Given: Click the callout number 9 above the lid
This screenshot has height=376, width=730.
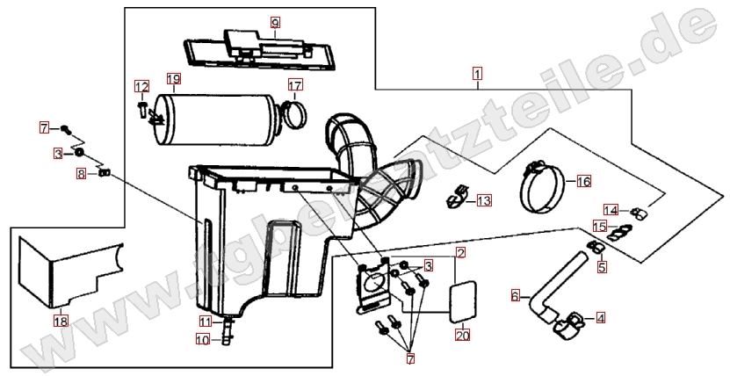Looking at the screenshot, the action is (275, 22).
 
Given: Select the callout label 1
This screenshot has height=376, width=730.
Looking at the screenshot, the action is (477, 74).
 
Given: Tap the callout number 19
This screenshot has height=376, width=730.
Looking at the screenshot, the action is (174, 79).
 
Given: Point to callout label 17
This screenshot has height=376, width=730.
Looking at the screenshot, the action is (295, 85).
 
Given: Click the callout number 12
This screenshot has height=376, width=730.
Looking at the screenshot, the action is (142, 87).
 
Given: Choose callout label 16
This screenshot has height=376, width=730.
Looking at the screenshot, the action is (584, 182).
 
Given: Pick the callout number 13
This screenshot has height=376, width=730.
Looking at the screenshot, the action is (484, 200).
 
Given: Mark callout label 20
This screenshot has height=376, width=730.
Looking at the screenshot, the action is (463, 335).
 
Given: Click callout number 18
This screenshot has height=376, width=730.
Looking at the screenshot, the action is (61, 321).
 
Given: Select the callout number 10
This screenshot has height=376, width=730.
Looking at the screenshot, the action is (203, 340).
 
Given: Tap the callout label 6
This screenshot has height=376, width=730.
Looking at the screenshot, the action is (516, 295).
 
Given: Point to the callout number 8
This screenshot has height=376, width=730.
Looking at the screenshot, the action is (82, 175).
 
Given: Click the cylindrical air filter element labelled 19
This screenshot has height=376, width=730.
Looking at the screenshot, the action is (215, 119).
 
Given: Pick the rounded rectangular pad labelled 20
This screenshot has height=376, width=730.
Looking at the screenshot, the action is (463, 301).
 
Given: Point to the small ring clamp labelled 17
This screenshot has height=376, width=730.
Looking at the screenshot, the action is (294, 122).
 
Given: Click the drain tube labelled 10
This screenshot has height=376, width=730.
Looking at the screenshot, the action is (228, 332).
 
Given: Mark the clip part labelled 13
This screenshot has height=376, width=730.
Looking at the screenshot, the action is (456, 198).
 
